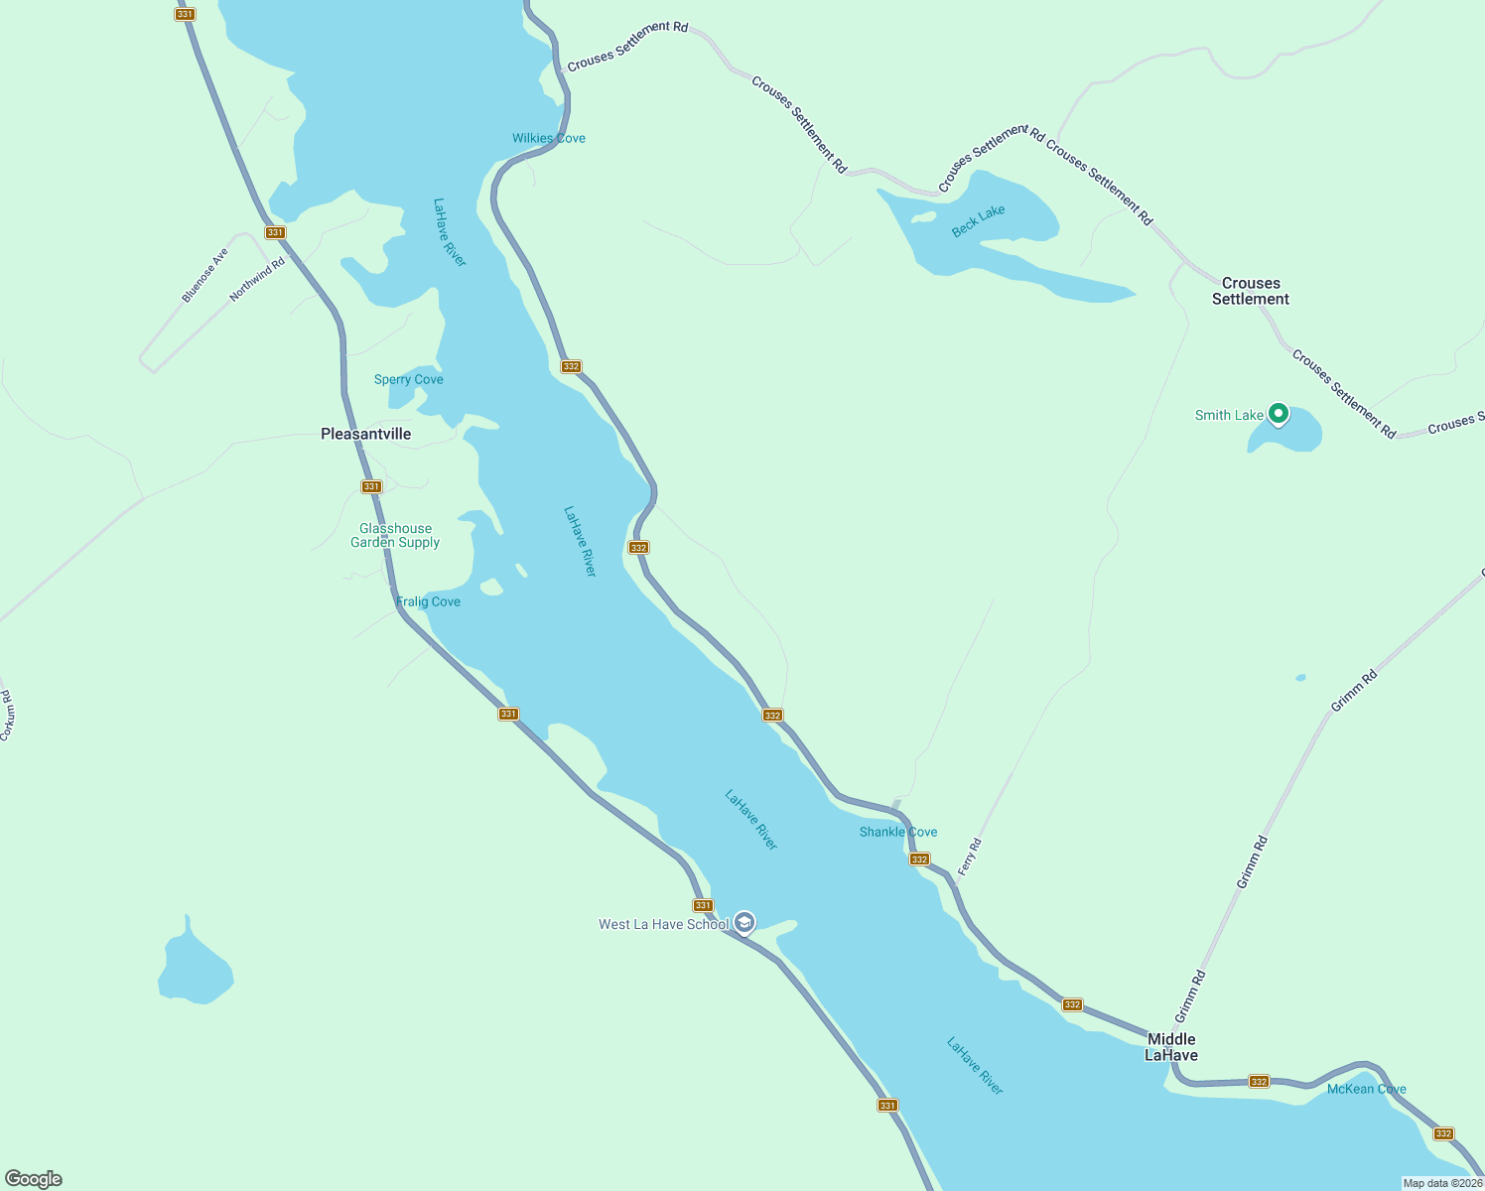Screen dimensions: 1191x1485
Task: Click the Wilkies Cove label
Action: (548, 138)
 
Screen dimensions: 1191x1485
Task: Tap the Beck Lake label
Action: (978, 220)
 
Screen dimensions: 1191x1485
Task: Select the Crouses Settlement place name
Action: (1250, 291)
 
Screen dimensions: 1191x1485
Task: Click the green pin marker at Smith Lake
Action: (1279, 413)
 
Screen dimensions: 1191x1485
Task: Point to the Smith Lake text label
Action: (1229, 416)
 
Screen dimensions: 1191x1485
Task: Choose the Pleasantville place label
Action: (365, 434)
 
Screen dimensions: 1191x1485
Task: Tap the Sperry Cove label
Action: (408, 379)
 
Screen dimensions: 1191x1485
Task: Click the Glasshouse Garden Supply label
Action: (395, 536)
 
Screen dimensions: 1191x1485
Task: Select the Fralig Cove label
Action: (428, 601)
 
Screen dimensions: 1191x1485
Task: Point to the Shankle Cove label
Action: (897, 832)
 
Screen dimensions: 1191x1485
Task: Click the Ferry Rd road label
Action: (969, 857)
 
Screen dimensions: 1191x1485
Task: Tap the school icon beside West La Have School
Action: (744, 923)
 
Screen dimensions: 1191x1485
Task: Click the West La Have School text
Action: (663, 925)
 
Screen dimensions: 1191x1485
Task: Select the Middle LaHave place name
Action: (1171, 1047)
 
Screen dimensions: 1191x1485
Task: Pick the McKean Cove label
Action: (1366, 1089)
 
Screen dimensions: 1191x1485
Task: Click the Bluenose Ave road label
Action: (204, 275)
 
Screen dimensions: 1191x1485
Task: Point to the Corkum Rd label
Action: (6, 716)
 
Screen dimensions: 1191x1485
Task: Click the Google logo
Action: (34, 1179)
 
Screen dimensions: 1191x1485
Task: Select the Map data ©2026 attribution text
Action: (1442, 1183)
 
